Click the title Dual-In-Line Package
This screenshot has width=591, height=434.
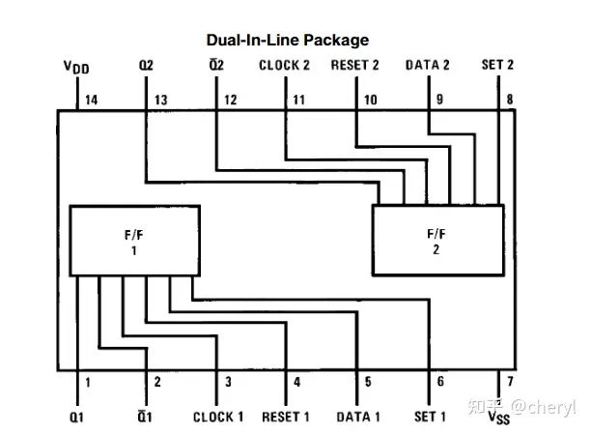coord(287,41)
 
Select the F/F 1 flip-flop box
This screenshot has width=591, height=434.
coord(133,239)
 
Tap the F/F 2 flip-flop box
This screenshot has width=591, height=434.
coord(437,240)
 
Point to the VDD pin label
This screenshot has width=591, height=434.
coord(76,67)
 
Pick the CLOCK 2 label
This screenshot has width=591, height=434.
coord(286,66)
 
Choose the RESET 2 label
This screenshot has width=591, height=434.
coord(355,66)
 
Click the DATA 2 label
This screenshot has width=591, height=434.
coord(428,66)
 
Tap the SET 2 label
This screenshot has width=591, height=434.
coord(498,66)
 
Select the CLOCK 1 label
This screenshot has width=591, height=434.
coord(218,417)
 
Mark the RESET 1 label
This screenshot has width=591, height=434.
coord(287,417)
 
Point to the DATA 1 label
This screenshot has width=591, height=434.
coord(358,417)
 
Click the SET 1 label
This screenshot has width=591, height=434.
coord(430,417)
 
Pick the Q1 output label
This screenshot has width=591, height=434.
coord(76,417)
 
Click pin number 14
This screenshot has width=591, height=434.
coord(92,100)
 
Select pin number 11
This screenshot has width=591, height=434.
coord(299,100)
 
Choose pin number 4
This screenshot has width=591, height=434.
coord(296,382)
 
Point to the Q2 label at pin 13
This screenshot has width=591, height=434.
coord(146,66)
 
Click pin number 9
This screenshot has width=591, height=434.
coord(440,100)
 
